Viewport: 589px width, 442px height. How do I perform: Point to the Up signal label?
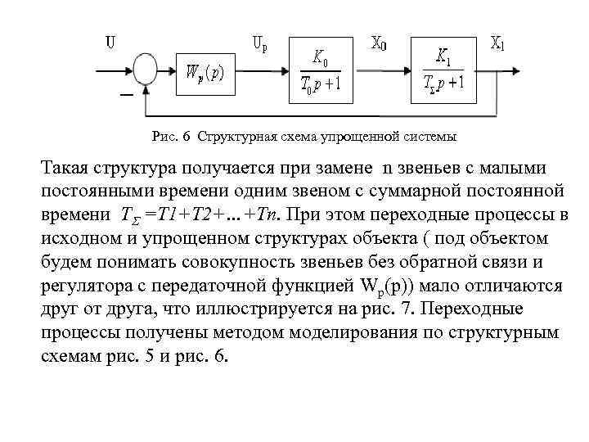click(x=260, y=43)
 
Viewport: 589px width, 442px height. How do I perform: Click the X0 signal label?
click(x=380, y=43)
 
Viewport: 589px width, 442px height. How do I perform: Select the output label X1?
click(x=498, y=43)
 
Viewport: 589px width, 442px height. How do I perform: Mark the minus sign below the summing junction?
click(x=125, y=96)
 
